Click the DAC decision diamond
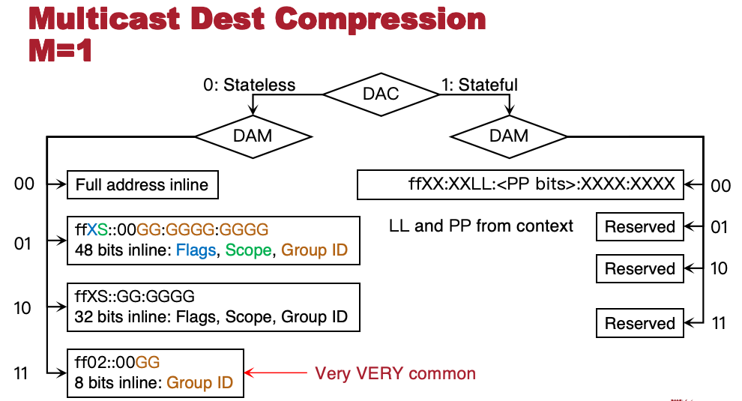382,94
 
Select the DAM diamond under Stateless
253,136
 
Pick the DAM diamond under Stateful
508,136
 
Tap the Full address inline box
142,184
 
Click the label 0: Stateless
249,85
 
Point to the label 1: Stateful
480,85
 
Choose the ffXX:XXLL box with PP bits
520,184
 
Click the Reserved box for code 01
640,227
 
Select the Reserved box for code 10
640,268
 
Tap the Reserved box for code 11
640,323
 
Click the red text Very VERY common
395,373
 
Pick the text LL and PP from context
481,226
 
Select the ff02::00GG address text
118,362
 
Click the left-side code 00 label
25,184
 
